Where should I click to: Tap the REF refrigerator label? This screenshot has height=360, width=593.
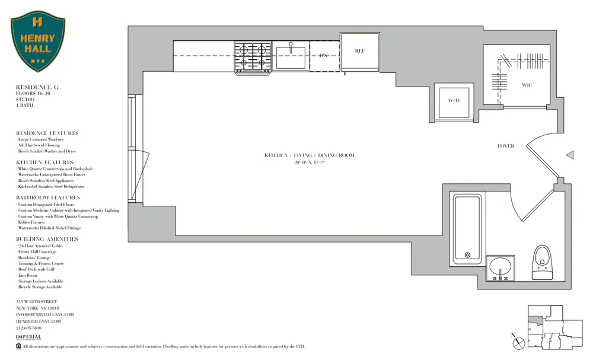pos(359,51)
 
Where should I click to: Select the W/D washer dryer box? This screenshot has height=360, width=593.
pos(454,101)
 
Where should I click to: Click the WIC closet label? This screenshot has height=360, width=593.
pos(527,85)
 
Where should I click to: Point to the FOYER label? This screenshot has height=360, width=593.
pos(506,146)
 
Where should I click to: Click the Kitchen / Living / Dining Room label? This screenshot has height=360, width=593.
pos(309,155)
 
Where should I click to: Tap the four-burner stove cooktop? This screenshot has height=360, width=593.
pos(253,56)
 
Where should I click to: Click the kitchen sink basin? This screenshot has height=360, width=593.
pos(291,56)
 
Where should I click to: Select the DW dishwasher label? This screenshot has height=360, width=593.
pos(323,56)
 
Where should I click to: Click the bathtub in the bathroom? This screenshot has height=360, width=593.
pos(467,228)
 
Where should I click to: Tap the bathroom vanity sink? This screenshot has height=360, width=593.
pos(500,267)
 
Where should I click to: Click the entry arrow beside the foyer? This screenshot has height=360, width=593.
pos(570,155)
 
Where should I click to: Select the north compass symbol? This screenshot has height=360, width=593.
pos(518,340)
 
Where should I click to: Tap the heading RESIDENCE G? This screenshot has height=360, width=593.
pos(37,87)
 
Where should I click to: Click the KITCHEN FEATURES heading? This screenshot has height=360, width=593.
pos(45,163)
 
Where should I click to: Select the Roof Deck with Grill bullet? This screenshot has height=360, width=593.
pos(37,269)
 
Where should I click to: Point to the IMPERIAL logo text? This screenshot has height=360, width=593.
pos(28,337)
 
